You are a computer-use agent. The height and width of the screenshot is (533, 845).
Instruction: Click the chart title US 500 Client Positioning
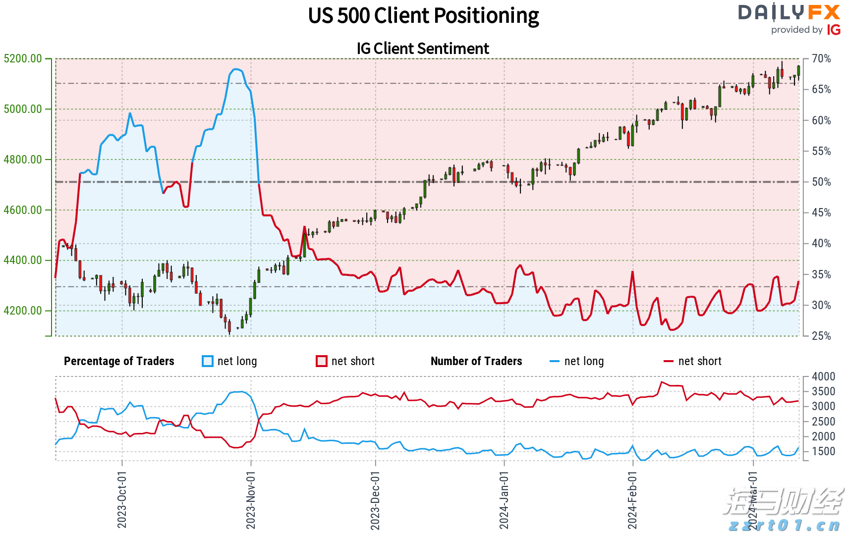point(423,16)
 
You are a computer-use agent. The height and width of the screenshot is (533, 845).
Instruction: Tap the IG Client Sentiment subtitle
point(423,49)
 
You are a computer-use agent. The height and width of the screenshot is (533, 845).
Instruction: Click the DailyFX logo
point(789,12)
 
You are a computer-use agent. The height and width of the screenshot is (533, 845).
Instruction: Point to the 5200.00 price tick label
point(23,58)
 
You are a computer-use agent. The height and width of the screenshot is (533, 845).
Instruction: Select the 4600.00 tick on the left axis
point(23,210)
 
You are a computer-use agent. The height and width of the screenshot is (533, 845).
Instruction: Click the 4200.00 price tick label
point(23,311)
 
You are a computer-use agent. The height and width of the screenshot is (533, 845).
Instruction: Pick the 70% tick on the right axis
point(821,58)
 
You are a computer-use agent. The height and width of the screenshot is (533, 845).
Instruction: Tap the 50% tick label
point(821,182)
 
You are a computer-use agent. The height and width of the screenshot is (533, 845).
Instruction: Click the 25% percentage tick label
point(821,336)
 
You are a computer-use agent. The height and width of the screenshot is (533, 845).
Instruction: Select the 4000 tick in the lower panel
point(823,376)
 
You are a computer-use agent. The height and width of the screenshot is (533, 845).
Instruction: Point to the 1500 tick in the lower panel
point(823,451)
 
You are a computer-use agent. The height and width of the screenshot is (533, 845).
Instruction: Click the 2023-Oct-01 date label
point(122,499)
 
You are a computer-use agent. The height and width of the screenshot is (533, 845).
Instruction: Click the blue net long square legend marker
point(208,361)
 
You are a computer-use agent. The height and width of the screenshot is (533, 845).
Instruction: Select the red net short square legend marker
point(322,361)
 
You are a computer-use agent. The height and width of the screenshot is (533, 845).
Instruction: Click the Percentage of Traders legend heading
point(119,361)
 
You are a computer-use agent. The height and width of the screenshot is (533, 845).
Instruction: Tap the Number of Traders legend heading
point(476,361)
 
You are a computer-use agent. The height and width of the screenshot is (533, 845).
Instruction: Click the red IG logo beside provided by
point(834,30)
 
